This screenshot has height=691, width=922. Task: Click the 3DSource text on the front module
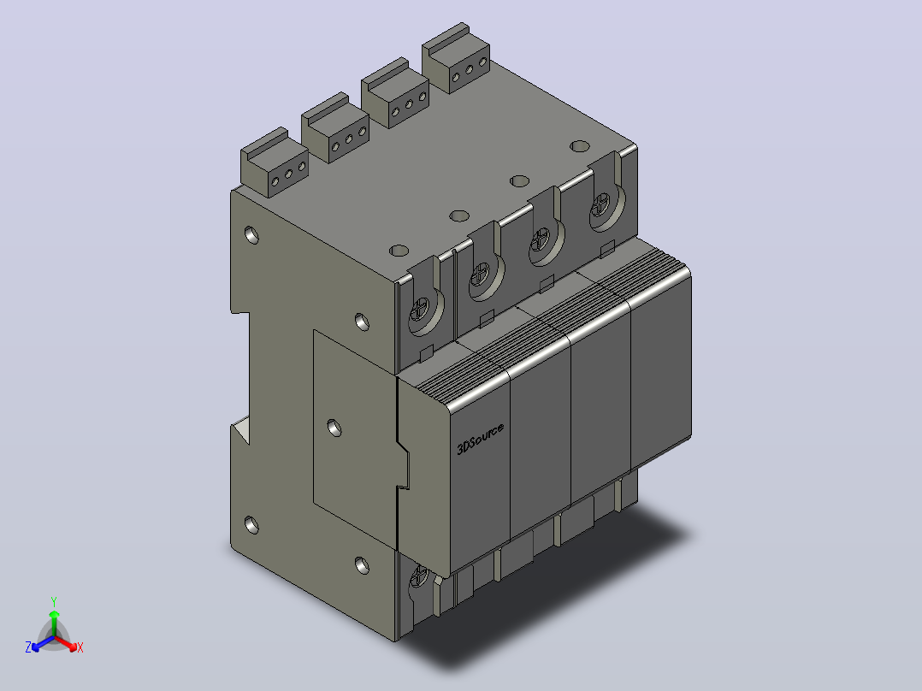click(481, 439)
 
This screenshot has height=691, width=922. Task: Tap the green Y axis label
click(54, 601)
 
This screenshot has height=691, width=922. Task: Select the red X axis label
click(80, 647)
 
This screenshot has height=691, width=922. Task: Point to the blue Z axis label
click(28, 647)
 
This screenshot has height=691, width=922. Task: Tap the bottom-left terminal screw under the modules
click(419, 575)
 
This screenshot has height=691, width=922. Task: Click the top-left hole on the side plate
click(251, 234)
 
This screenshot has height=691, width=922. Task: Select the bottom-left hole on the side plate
click(251, 524)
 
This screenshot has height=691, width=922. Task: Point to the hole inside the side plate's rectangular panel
click(334, 428)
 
